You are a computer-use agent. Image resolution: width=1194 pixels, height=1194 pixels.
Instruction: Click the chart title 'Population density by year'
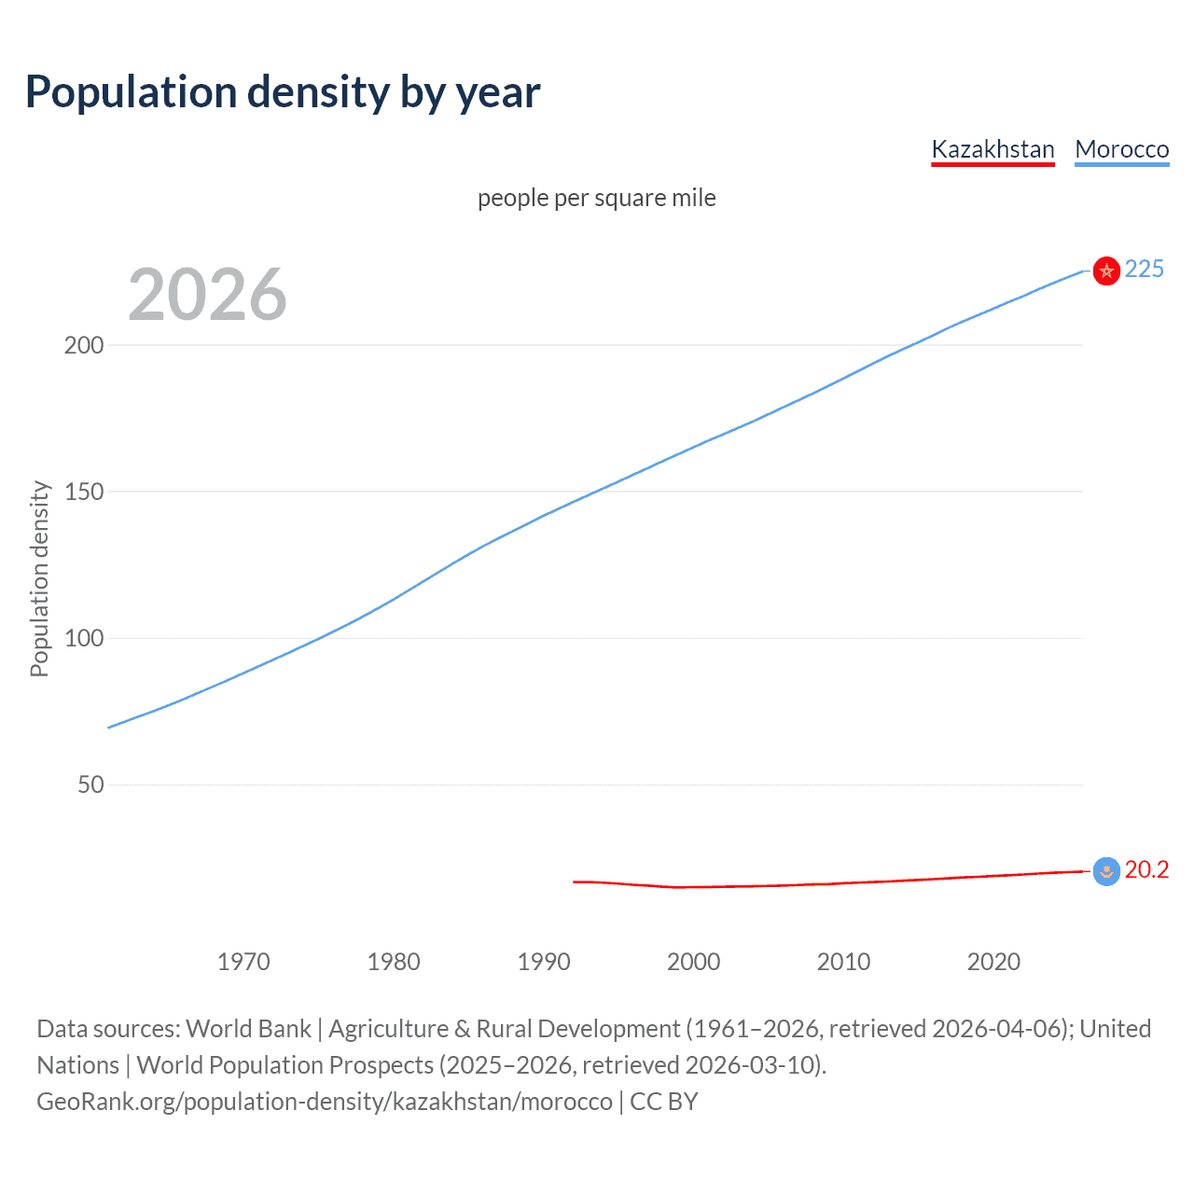pos(283,91)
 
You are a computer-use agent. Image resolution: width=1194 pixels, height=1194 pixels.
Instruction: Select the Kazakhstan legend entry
pos(993,149)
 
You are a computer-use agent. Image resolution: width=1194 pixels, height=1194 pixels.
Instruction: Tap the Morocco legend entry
pos(1121,149)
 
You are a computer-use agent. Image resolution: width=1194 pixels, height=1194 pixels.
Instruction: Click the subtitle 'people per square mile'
pos(596,198)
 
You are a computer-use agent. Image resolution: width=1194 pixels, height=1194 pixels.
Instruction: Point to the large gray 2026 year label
pos(207,295)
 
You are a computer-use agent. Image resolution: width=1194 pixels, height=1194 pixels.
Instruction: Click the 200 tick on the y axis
pos(84,345)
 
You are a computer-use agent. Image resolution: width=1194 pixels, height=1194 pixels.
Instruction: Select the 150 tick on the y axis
pos(84,492)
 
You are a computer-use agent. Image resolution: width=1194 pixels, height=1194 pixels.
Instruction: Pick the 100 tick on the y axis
pos(84,638)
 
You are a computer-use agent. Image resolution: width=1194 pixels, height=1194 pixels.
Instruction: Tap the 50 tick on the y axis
pos(90,784)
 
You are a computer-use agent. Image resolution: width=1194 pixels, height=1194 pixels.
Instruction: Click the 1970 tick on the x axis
pos(243,962)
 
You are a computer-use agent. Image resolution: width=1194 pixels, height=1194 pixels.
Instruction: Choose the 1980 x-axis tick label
pos(394,962)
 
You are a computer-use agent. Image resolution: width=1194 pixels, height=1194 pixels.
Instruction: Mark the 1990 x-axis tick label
pos(544,962)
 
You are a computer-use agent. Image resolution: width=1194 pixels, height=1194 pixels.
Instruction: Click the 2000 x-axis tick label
pos(693,962)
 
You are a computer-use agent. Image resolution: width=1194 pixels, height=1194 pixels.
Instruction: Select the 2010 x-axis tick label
pos(843,962)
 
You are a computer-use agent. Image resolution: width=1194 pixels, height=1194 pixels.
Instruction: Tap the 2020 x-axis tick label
pos(993,962)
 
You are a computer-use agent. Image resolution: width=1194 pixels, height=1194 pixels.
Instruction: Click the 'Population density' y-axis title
pos(39,578)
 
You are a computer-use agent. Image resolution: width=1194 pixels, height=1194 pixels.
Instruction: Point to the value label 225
pos(1144,270)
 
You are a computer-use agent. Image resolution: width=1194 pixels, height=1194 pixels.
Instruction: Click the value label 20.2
pos(1146,870)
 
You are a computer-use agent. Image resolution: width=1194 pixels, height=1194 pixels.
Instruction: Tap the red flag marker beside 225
pos(1106,271)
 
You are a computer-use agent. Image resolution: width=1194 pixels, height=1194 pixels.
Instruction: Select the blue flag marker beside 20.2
pos(1106,871)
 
